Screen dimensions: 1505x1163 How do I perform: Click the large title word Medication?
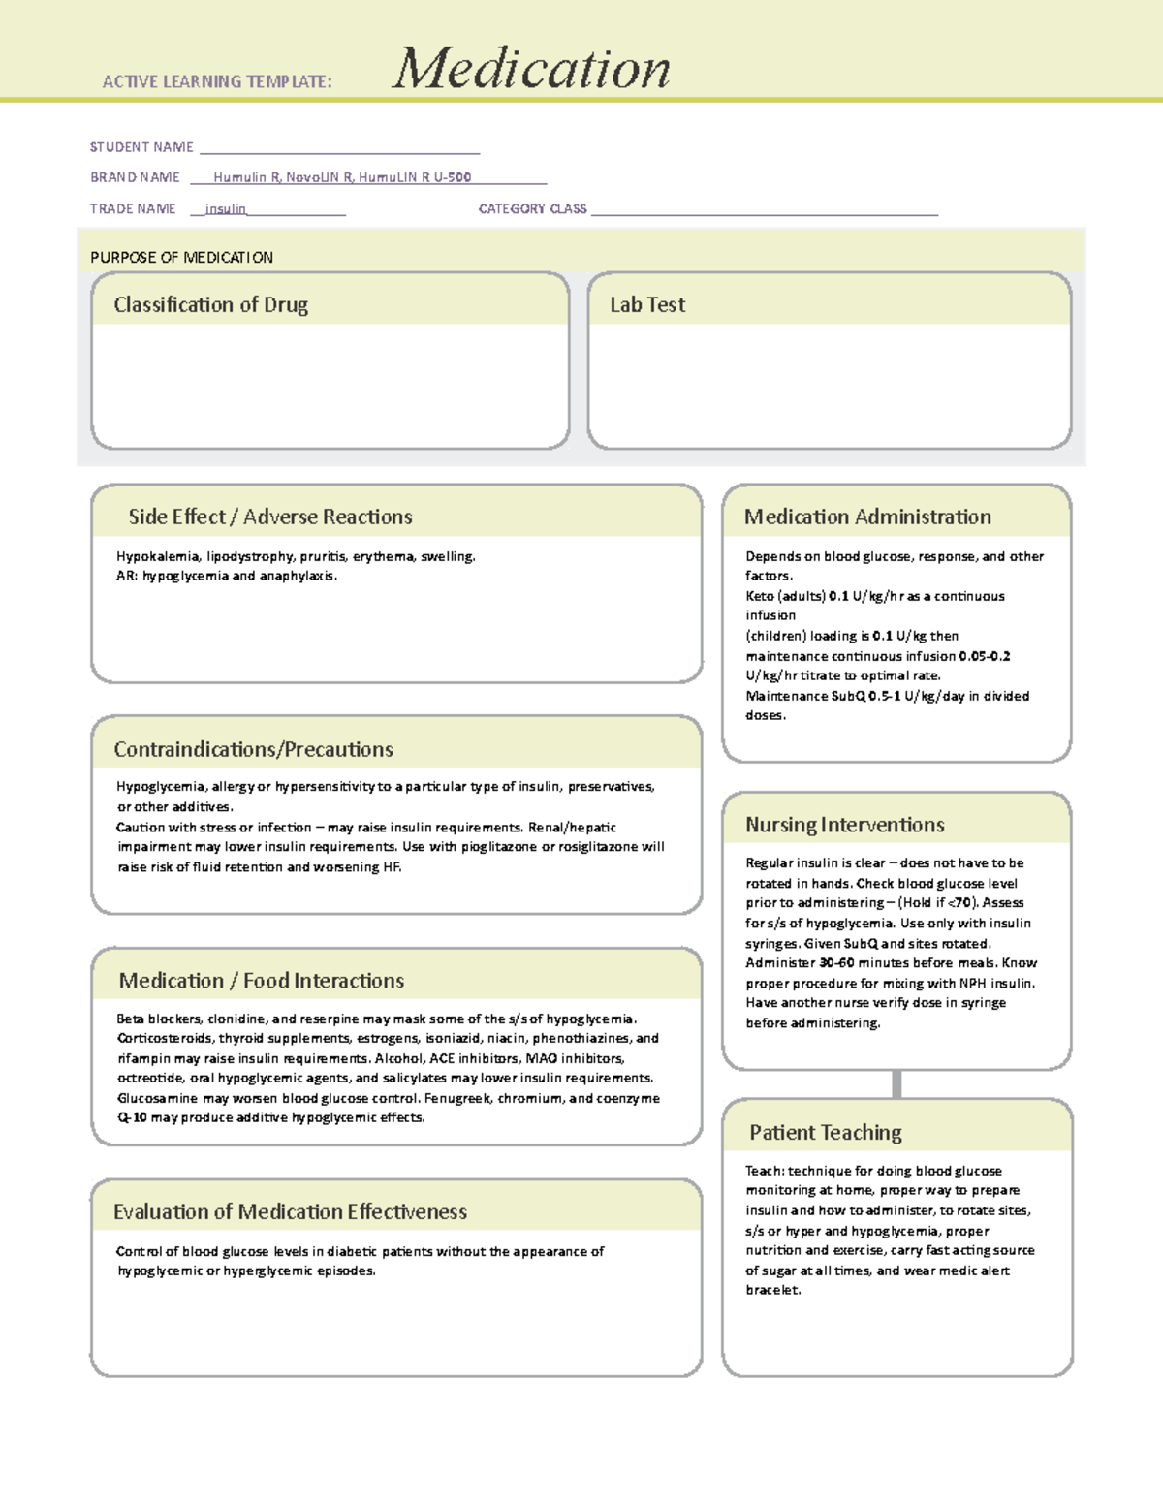(530, 69)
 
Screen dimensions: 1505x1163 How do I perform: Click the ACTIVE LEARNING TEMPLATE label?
(217, 82)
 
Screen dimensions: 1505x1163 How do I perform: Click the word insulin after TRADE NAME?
(226, 209)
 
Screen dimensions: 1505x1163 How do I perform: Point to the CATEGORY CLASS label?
(532, 208)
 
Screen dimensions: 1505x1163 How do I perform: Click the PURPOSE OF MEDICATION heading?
(181, 257)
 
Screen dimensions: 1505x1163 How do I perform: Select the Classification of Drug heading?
(210, 304)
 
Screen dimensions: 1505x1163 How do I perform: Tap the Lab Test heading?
(646, 304)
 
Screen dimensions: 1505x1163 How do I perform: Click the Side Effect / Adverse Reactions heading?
(270, 517)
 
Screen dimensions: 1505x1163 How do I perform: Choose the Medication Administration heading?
(867, 517)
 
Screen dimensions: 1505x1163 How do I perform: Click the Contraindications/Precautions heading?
(253, 749)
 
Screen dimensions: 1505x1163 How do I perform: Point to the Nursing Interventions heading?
(844, 825)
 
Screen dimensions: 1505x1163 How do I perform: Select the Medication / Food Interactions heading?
(261, 981)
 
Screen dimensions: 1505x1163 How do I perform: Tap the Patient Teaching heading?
(825, 1132)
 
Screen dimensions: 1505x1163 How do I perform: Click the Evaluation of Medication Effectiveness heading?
(290, 1211)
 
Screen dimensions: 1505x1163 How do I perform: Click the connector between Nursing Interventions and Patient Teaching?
(896, 1083)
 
